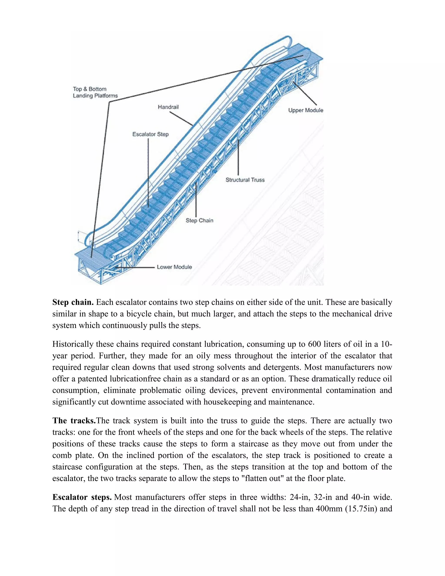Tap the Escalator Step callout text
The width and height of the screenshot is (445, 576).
click(x=150, y=134)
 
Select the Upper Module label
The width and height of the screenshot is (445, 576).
click(x=306, y=110)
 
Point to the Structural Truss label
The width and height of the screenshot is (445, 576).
click(x=245, y=180)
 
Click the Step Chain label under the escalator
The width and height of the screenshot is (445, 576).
click(x=199, y=220)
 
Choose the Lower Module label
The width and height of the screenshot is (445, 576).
click(x=174, y=267)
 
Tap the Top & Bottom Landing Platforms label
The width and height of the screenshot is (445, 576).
click(x=95, y=92)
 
